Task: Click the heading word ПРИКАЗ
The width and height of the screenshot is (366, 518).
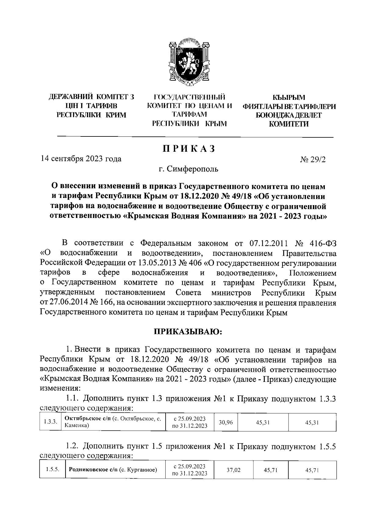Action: [189, 149]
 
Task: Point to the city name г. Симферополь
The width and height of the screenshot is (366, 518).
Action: [188, 169]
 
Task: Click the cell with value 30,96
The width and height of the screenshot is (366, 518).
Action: [226, 422]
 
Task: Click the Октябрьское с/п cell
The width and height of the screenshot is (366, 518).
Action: [113, 422]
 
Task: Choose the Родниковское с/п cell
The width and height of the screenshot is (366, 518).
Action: [113, 470]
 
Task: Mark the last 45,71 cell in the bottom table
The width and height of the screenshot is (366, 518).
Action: [312, 470]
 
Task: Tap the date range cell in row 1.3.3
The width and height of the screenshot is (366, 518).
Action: [190, 422]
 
